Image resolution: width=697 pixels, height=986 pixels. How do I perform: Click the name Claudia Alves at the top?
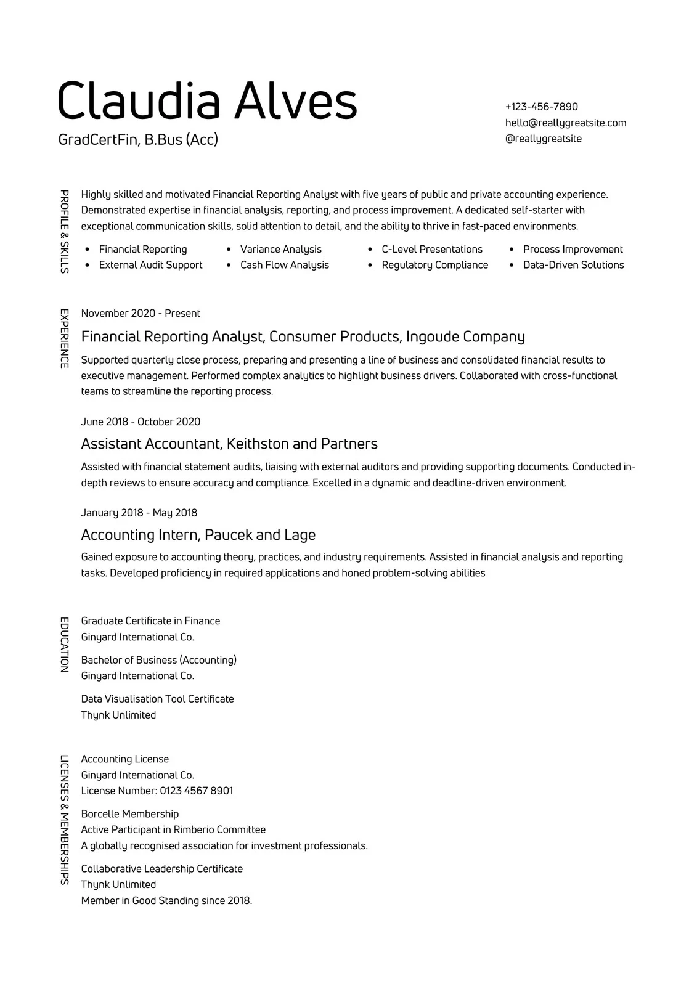point(207,100)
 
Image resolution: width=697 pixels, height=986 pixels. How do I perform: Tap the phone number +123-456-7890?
point(541,107)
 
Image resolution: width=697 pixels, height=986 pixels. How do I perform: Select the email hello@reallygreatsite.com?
point(565,123)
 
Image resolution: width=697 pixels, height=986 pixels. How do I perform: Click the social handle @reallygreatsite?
point(543,139)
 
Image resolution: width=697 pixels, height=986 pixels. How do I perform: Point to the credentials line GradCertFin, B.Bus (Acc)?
point(138,139)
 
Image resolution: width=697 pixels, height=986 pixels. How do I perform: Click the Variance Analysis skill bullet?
point(280,249)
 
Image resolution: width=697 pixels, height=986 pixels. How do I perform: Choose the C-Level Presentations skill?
point(431,249)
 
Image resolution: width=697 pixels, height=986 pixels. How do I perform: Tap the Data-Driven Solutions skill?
point(573,265)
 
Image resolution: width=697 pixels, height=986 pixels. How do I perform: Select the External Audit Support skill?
point(150,265)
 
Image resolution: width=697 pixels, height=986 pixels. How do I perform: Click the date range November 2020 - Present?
point(141,313)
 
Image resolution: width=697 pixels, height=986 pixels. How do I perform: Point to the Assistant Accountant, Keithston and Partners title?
point(229,444)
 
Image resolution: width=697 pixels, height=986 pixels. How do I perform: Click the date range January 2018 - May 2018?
point(139,513)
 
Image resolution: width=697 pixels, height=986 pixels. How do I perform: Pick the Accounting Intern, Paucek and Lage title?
point(198,534)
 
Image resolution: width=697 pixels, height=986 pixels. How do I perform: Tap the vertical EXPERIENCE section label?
point(63,338)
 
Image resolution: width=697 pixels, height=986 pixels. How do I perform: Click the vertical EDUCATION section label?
point(63,644)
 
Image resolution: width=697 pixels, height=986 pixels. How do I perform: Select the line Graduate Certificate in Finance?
point(150,621)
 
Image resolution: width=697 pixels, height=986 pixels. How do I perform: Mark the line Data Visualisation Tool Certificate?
point(157,699)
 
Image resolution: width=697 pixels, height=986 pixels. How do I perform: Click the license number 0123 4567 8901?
point(196,791)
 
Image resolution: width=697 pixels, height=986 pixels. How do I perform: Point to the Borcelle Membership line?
point(129,813)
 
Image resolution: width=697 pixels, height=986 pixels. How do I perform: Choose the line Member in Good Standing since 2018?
point(166,900)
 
